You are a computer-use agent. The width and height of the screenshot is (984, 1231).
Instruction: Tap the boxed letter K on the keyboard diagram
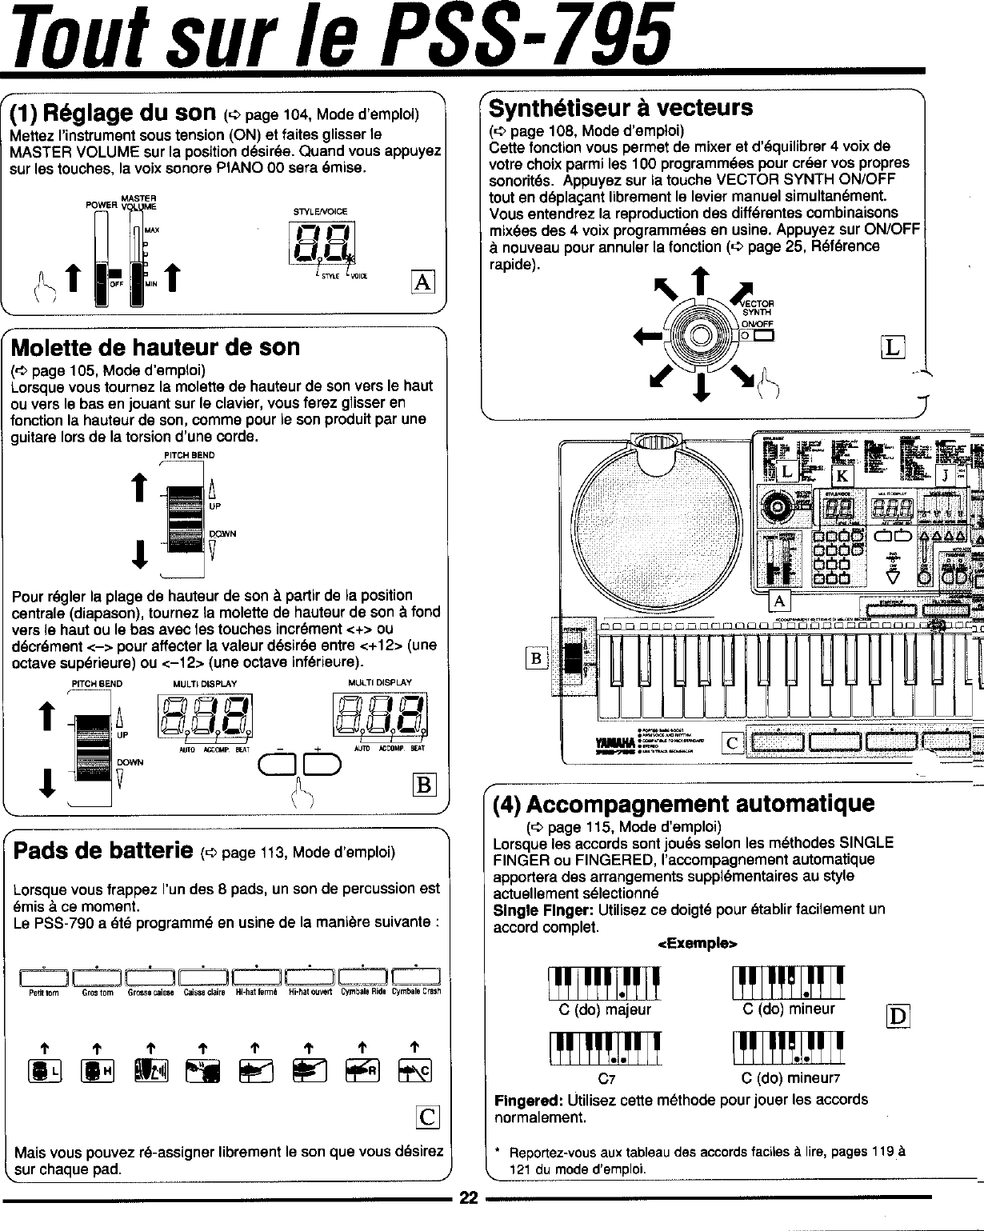point(842,475)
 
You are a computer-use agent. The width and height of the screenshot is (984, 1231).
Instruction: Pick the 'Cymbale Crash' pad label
point(414,992)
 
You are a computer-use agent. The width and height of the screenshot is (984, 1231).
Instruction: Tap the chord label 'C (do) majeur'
point(605,1009)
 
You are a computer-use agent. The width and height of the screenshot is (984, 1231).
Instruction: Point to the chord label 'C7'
point(606,1077)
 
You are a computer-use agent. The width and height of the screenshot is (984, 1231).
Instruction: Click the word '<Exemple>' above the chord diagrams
point(696,944)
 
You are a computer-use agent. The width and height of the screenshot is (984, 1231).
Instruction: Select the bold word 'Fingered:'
point(526,1100)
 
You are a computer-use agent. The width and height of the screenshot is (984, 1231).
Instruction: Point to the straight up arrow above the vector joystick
point(701,282)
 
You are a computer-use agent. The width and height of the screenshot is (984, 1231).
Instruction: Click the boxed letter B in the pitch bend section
point(423,785)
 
